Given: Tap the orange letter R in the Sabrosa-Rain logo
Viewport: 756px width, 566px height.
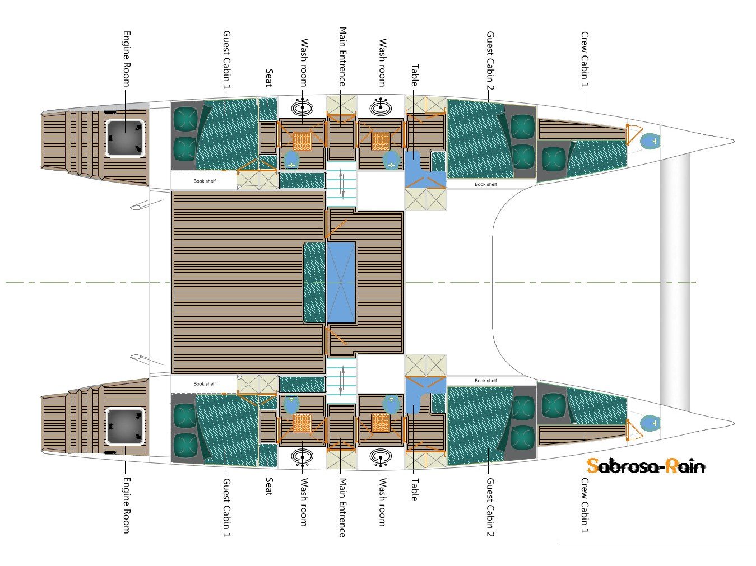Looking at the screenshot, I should (x=671, y=465).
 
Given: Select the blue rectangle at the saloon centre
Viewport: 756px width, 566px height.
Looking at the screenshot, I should (x=341, y=282).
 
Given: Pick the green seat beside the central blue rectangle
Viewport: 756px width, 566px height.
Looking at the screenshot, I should (x=314, y=282).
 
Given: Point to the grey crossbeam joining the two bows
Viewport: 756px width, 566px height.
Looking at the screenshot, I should (x=675, y=280).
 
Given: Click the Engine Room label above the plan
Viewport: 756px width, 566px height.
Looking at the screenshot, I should (x=127, y=58).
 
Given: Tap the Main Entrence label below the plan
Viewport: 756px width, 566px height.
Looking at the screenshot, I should (x=342, y=507).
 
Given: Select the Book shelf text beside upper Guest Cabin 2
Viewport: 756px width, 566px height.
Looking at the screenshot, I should (x=485, y=184).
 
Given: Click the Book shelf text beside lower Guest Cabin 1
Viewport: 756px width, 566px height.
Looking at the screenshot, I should (x=204, y=383).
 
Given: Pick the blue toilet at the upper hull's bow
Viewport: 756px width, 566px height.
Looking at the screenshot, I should (x=651, y=141).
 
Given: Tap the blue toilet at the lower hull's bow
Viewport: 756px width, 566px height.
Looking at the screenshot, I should (x=651, y=423).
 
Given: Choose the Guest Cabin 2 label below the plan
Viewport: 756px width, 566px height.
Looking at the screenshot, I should (x=490, y=507).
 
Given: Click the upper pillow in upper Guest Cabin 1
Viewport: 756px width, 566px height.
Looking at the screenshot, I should (x=184, y=119).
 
